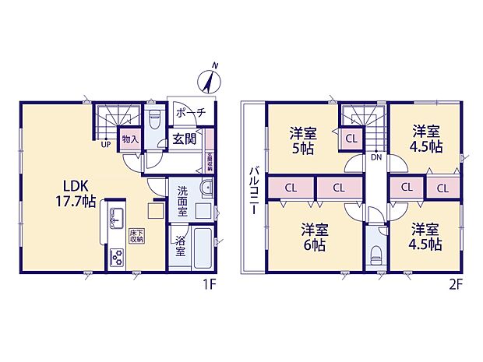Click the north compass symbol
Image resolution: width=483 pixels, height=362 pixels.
point(210,79)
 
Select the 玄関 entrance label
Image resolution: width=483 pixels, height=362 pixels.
point(184,140)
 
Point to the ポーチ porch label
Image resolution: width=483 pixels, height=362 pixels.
point(190,114)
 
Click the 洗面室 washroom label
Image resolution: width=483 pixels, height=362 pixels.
point(182,200)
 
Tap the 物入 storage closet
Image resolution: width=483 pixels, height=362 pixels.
point(129,141)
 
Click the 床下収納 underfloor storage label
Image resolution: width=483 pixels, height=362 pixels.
point(136,237)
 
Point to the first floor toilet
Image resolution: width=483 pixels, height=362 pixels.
point(154,121)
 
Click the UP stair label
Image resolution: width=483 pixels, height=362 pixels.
point(104,144)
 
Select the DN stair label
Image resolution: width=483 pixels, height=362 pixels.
point(376,157)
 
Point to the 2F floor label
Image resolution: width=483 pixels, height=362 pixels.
point(456,284)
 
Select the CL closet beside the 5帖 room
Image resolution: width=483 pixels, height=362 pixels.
point(351,140)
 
